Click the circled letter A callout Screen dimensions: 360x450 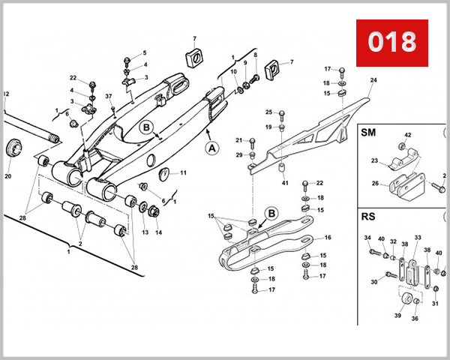tap(212, 148)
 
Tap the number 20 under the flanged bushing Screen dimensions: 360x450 tap(8, 177)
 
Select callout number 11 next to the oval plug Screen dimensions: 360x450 tap(183, 173)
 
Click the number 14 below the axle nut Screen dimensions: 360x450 tap(158, 232)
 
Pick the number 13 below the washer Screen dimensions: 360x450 tap(145, 232)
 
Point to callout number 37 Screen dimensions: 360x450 tap(109, 96)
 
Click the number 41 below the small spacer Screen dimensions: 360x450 tap(285, 182)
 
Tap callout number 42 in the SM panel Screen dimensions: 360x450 tap(408, 136)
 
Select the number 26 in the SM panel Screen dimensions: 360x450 tap(376, 182)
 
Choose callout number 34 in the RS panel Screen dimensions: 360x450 tap(367, 238)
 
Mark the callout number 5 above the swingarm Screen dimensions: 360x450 tap(145, 52)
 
